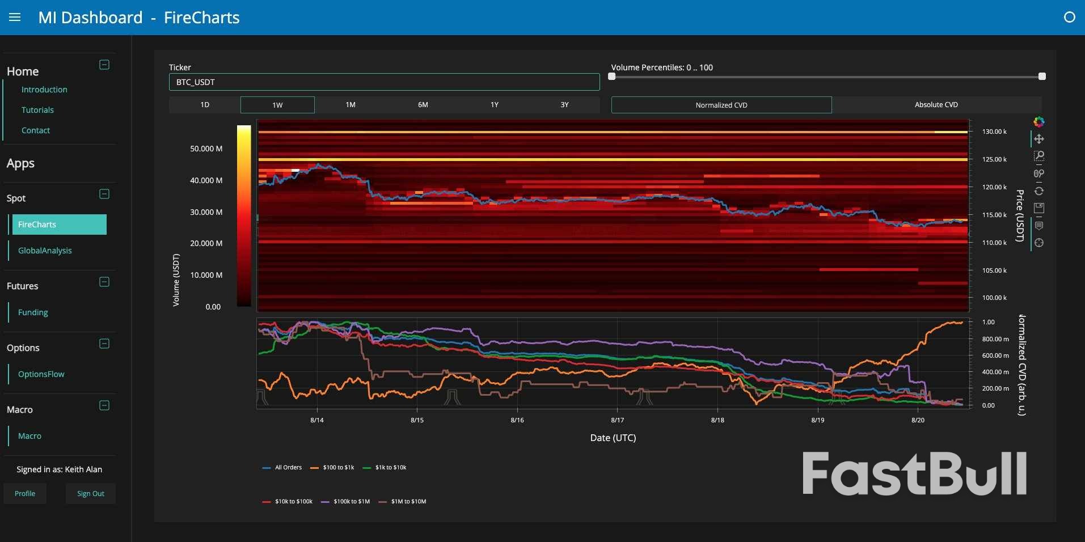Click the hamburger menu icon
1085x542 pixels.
tap(15, 18)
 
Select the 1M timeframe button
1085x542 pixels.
tap(351, 105)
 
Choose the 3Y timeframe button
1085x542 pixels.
tap(564, 105)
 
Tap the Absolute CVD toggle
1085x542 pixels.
tap(936, 105)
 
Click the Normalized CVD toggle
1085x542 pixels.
tap(721, 105)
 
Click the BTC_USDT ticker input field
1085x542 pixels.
tap(384, 82)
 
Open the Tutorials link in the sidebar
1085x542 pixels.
tap(37, 110)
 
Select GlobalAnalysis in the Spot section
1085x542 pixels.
tap(45, 251)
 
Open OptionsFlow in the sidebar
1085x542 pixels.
tap(41, 374)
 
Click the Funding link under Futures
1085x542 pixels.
tap(33, 312)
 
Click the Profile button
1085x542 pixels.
tap(25, 494)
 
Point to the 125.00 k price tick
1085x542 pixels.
tap(994, 159)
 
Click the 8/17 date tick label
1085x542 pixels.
tap(617, 420)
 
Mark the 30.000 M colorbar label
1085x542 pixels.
tap(206, 212)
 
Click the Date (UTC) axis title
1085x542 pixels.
tap(613, 438)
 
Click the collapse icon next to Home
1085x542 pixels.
tap(104, 65)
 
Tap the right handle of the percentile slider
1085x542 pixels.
tap(1042, 77)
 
